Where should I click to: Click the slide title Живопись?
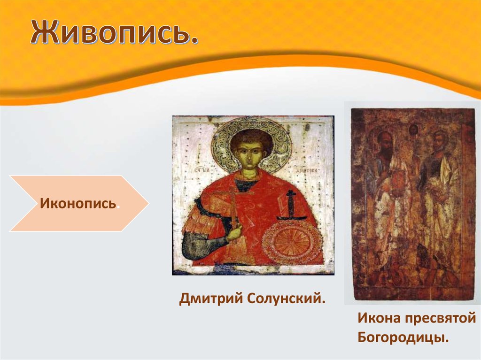pyautogui.click(x=114, y=32)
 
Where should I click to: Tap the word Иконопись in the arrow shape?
pyautogui.click(x=78, y=203)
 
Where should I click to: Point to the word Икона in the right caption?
pyautogui.click(x=379, y=318)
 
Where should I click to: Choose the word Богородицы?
pyautogui.click(x=403, y=338)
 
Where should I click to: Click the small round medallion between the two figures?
pyautogui.click(x=413, y=130)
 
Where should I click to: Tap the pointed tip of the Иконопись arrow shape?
pyautogui.click(x=148, y=203)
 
